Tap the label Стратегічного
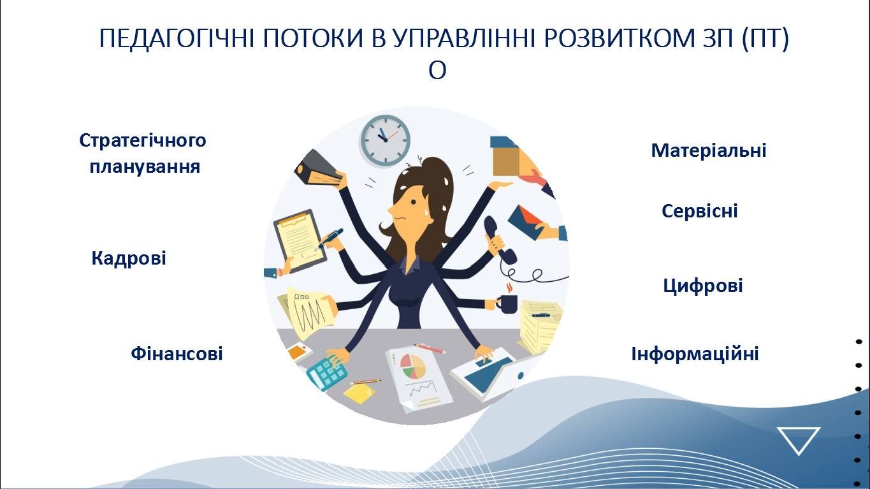(143, 141)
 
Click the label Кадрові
(129, 258)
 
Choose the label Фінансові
(177, 353)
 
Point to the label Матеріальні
(709, 150)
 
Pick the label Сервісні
(699, 211)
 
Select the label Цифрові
(703, 286)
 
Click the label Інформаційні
(695, 354)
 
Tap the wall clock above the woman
(385, 140)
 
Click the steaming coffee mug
(508, 301)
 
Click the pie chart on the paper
(413, 366)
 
